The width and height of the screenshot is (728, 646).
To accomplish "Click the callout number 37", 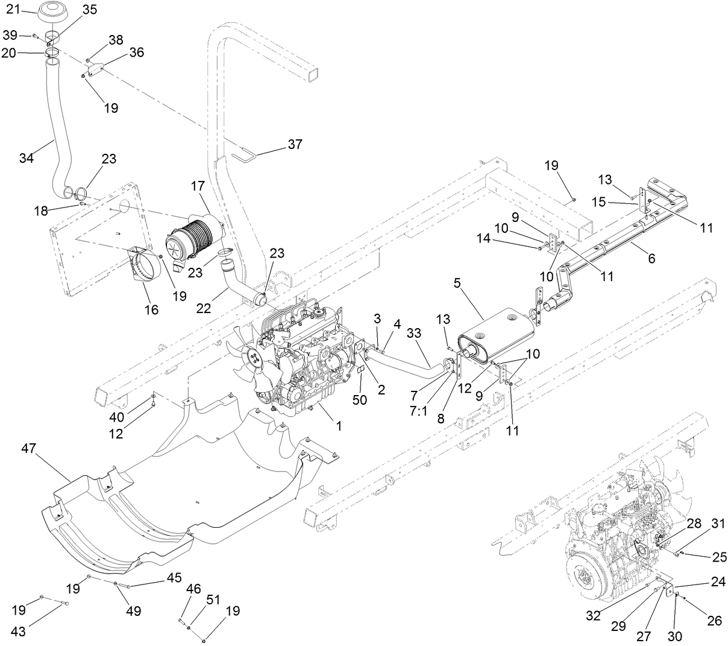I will [295, 144].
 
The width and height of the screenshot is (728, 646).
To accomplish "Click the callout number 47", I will [30, 448].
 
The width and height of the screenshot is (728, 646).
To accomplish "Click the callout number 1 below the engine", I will [339, 425].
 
